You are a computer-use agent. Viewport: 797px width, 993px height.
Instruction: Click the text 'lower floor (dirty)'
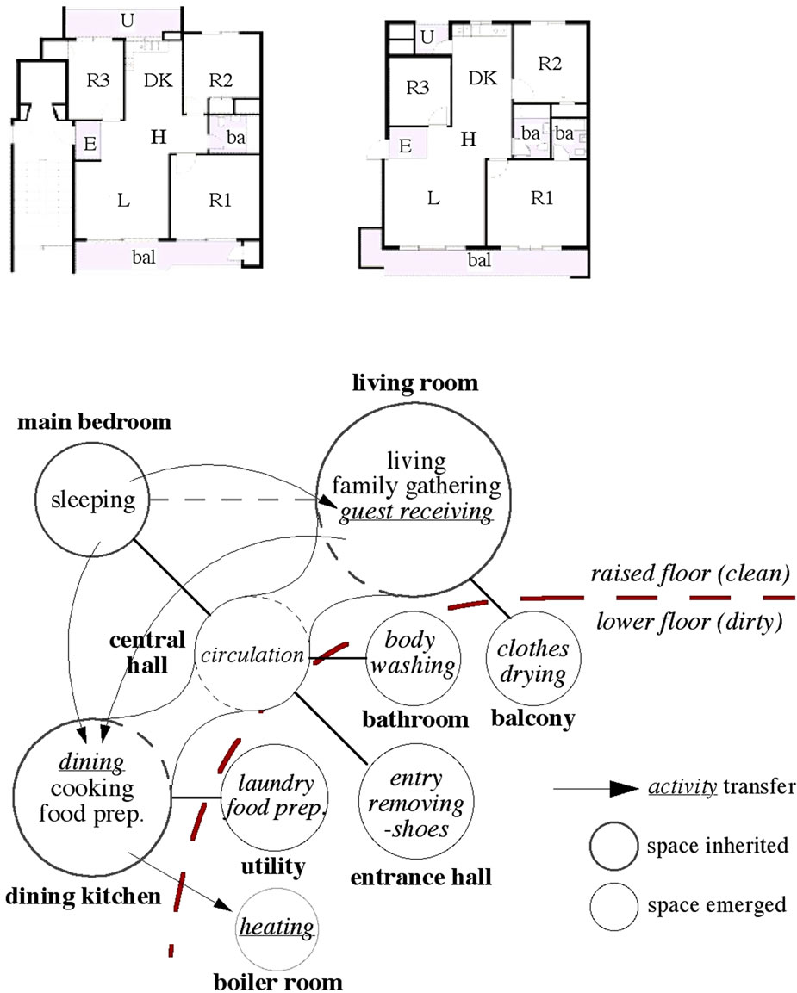click(688, 622)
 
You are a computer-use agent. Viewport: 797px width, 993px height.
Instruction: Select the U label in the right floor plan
click(427, 37)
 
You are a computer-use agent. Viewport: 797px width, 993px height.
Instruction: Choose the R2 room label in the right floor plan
click(550, 63)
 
